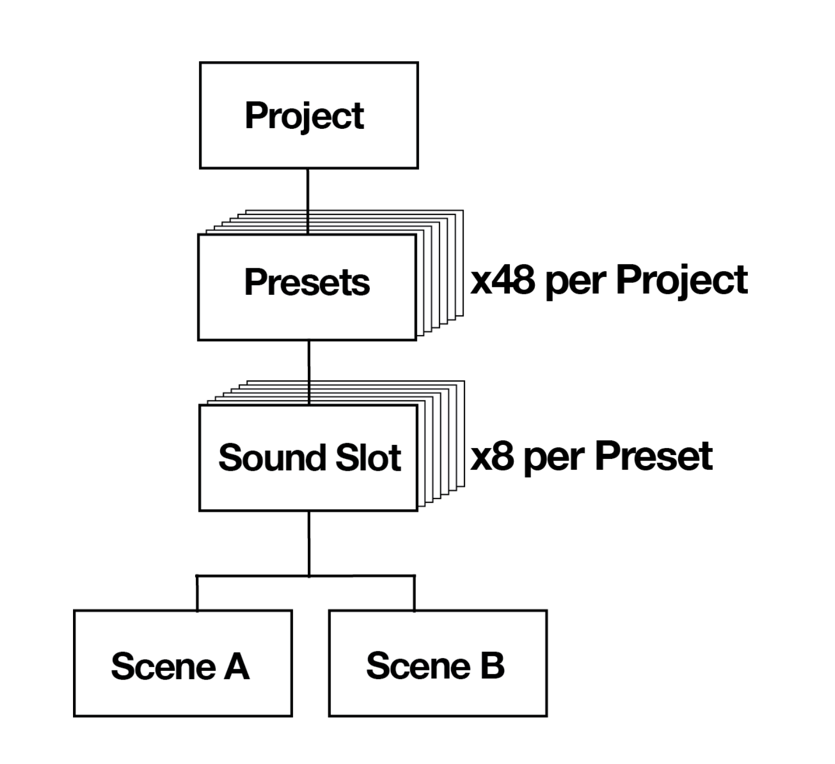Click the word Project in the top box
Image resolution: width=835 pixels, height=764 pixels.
[x=304, y=115]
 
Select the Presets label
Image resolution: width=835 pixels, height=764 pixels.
[x=307, y=282]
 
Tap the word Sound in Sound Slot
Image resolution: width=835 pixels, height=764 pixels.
[x=268, y=458]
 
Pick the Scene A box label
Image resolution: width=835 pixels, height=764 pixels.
[x=180, y=666]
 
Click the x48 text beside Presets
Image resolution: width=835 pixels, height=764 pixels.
[x=502, y=280]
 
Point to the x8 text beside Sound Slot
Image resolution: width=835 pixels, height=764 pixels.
[x=492, y=456]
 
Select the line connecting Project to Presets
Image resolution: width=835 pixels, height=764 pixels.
[x=308, y=200]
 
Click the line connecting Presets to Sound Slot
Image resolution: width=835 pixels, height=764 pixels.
[x=309, y=372]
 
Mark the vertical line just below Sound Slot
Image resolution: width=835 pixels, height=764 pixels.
[x=309, y=543]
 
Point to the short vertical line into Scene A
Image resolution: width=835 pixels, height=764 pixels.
[x=197, y=593]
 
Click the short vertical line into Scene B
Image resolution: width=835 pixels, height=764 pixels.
[x=414, y=593]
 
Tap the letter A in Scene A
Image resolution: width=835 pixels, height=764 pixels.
[x=236, y=666]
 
